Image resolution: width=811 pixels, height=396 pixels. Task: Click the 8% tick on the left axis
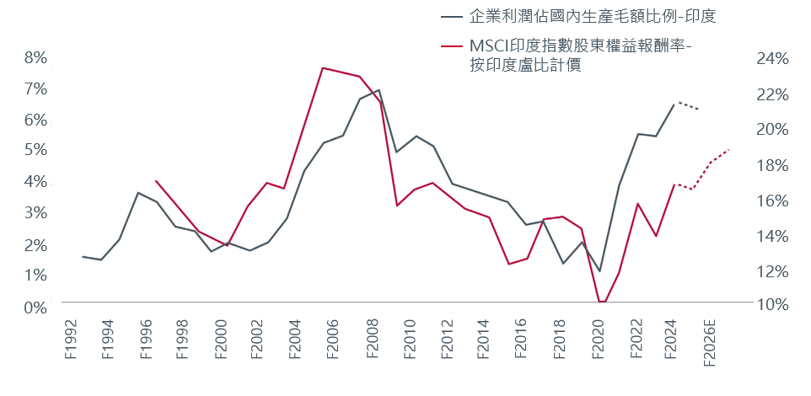pos(35,58)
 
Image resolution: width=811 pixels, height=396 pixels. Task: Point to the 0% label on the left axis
pos(35,308)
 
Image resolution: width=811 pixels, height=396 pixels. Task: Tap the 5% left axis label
pos(35,151)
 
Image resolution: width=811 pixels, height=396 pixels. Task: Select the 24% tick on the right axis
pos(771,59)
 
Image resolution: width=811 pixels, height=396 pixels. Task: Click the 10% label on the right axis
pos(771,305)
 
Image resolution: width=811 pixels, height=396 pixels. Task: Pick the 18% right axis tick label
pos(771,165)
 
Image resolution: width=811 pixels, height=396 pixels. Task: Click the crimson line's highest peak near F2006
pos(323,67)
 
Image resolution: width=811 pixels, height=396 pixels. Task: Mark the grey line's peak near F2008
pos(379,90)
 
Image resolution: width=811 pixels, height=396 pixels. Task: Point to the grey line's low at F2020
pos(600,271)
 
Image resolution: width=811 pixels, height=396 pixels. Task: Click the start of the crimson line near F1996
pos(156,180)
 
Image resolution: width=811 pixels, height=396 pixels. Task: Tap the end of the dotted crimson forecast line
pos(729,149)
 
